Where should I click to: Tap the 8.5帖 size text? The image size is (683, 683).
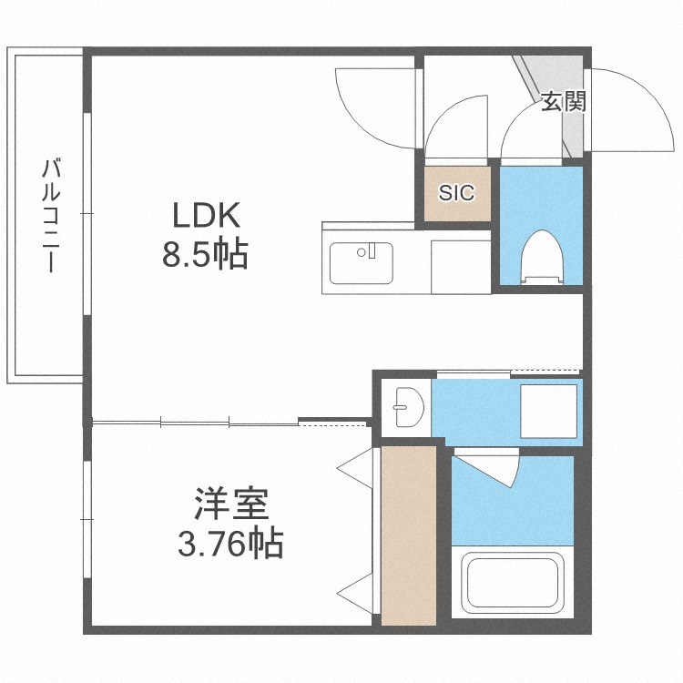[x=206, y=256]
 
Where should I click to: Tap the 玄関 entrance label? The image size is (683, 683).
[x=563, y=101]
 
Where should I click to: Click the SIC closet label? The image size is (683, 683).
[x=456, y=192]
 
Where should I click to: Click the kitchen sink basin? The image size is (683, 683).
[x=361, y=263]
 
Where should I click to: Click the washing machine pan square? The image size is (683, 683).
[x=547, y=413]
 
